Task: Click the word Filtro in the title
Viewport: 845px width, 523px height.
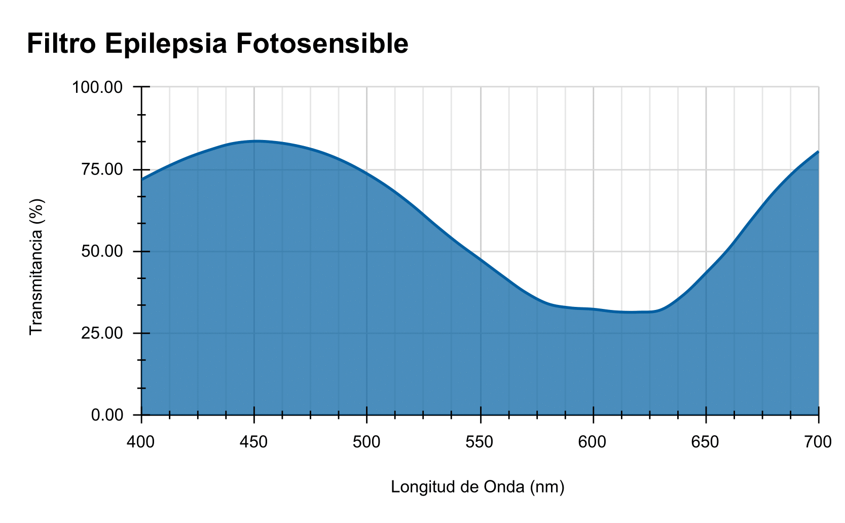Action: click(x=61, y=44)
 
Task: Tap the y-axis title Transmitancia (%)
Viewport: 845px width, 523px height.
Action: click(x=36, y=266)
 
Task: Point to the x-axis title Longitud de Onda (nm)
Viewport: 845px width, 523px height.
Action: click(x=477, y=487)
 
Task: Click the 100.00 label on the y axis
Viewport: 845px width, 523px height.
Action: click(x=98, y=87)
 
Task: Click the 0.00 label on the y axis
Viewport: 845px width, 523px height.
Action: click(x=107, y=415)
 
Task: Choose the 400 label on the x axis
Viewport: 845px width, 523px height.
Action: click(x=140, y=442)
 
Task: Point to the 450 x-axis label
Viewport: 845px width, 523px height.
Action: click(x=253, y=442)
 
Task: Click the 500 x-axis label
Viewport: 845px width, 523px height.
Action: click(x=366, y=442)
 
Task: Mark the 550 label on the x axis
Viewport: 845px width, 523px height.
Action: click(x=480, y=442)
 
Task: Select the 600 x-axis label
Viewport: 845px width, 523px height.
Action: click(x=593, y=442)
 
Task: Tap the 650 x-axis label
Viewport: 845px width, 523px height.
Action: click(x=706, y=442)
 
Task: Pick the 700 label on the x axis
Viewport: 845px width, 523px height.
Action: click(x=818, y=442)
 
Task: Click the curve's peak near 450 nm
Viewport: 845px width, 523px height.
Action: click(x=256, y=141)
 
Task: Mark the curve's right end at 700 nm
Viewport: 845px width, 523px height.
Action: click(x=818, y=152)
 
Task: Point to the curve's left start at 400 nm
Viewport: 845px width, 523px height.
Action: click(x=142, y=179)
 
